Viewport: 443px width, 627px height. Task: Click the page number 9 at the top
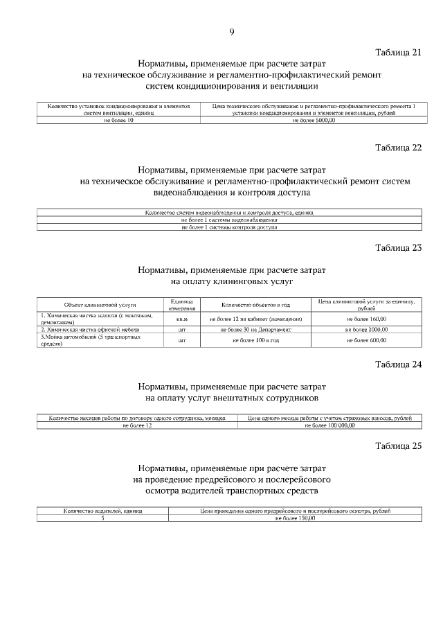click(x=232, y=31)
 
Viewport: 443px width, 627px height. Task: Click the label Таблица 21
click(x=398, y=53)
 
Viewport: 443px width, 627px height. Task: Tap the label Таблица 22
click(x=398, y=148)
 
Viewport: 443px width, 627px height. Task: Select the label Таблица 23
click(x=398, y=247)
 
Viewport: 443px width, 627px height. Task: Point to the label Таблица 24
click(x=398, y=364)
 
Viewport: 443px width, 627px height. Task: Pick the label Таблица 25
click(x=398, y=445)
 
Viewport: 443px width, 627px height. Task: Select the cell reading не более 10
click(x=118, y=120)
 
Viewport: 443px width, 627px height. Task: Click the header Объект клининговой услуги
click(x=100, y=305)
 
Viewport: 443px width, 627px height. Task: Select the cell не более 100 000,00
click(x=329, y=425)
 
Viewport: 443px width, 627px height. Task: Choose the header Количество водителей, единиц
click(x=102, y=511)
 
